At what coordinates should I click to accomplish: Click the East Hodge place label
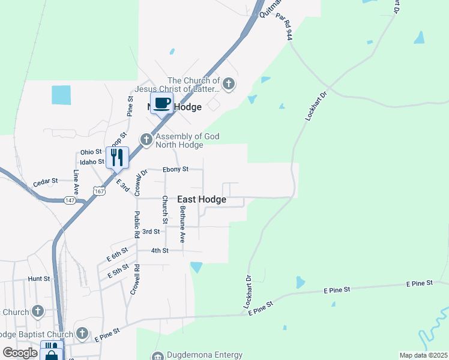pyautogui.click(x=202, y=199)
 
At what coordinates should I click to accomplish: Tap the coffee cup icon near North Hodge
pyautogui.click(x=161, y=103)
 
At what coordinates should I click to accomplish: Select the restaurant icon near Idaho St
pyautogui.click(x=118, y=157)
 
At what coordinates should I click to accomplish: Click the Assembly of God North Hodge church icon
pyautogui.click(x=146, y=140)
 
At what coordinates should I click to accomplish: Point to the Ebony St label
pyautogui.click(x=176, y=169)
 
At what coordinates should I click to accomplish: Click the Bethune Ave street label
pyautogui.click(x=183, y=224)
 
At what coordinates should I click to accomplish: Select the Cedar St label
pyautogui.click(x=45, y=181)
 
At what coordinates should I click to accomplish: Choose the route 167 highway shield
pyautogui.click(x=100, y=191)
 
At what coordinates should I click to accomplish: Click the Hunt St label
pyautogui.click(x=38, y=279)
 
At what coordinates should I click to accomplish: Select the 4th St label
pyautogui.click(x=159, y=250)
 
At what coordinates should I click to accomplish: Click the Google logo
pyautogui.click(x=20, y=353)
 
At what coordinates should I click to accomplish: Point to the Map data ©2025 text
pyautogui.click(x=423, y=355)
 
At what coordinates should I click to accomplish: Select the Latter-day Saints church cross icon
pyautogui.click(x=229, y=85)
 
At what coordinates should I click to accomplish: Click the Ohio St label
pyautogui.click(x=91, y=152)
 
